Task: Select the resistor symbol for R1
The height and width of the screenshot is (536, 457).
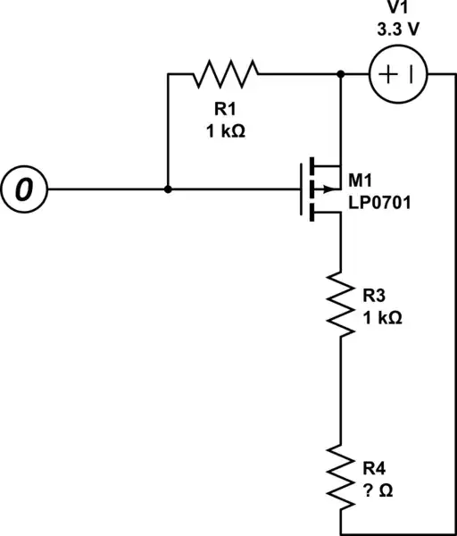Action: click(x=225, y=74)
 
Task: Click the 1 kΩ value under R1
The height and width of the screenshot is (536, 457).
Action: click(x=225, y=130)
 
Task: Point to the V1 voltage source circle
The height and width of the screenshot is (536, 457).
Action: click(x=397, y=74)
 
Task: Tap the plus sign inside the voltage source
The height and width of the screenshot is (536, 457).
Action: click(x=386, y=74)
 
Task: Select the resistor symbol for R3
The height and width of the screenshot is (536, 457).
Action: click(x=341, y=302)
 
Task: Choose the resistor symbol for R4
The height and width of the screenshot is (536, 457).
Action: click(x=341, y=474)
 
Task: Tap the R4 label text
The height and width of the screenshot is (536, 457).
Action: click(x=372, y=466)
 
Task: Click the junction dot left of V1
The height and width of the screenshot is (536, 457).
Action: click(x=341, y=74)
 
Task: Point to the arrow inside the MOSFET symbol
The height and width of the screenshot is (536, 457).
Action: click(x=327, y=189)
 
